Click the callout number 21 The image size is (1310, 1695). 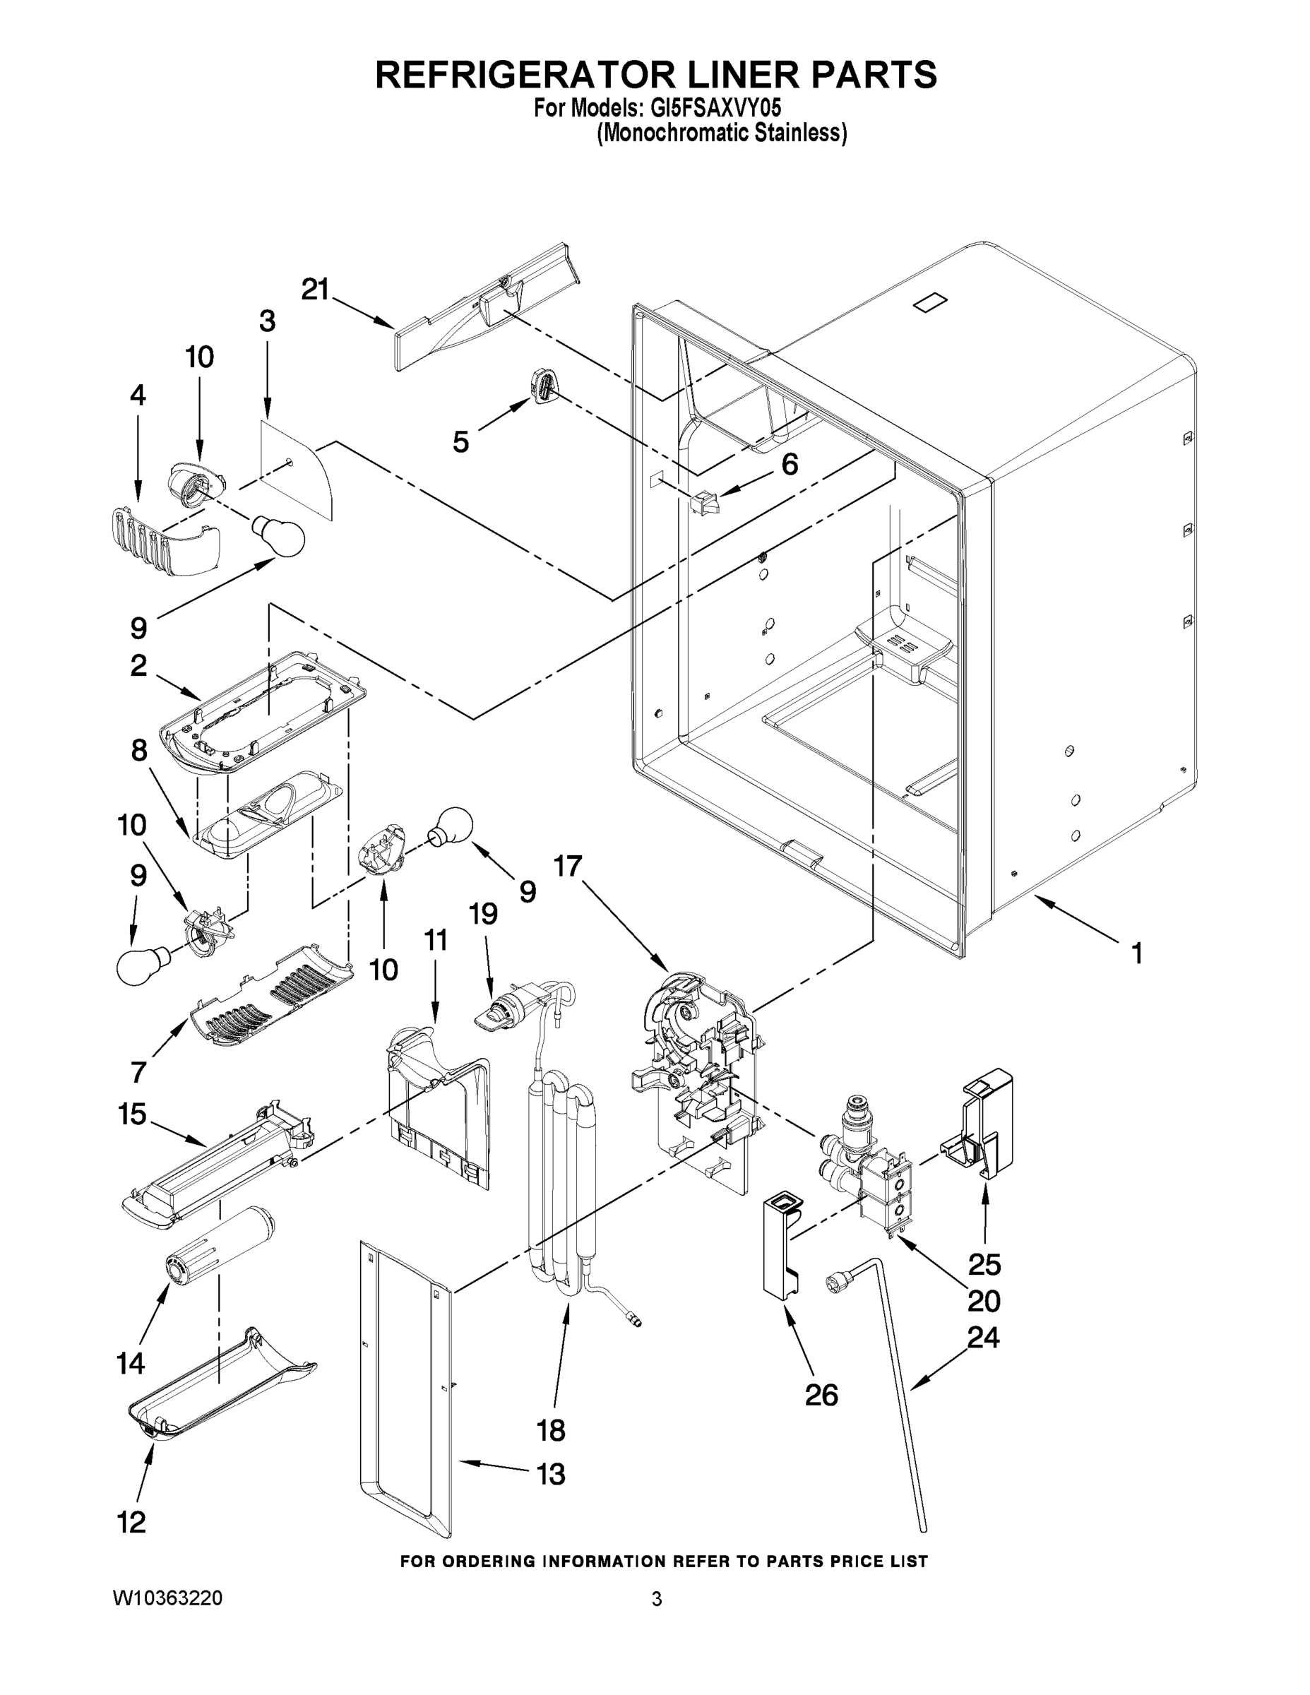[315, 290]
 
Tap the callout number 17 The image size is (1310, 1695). [567, 866]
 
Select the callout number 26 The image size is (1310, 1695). [821, 1396]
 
